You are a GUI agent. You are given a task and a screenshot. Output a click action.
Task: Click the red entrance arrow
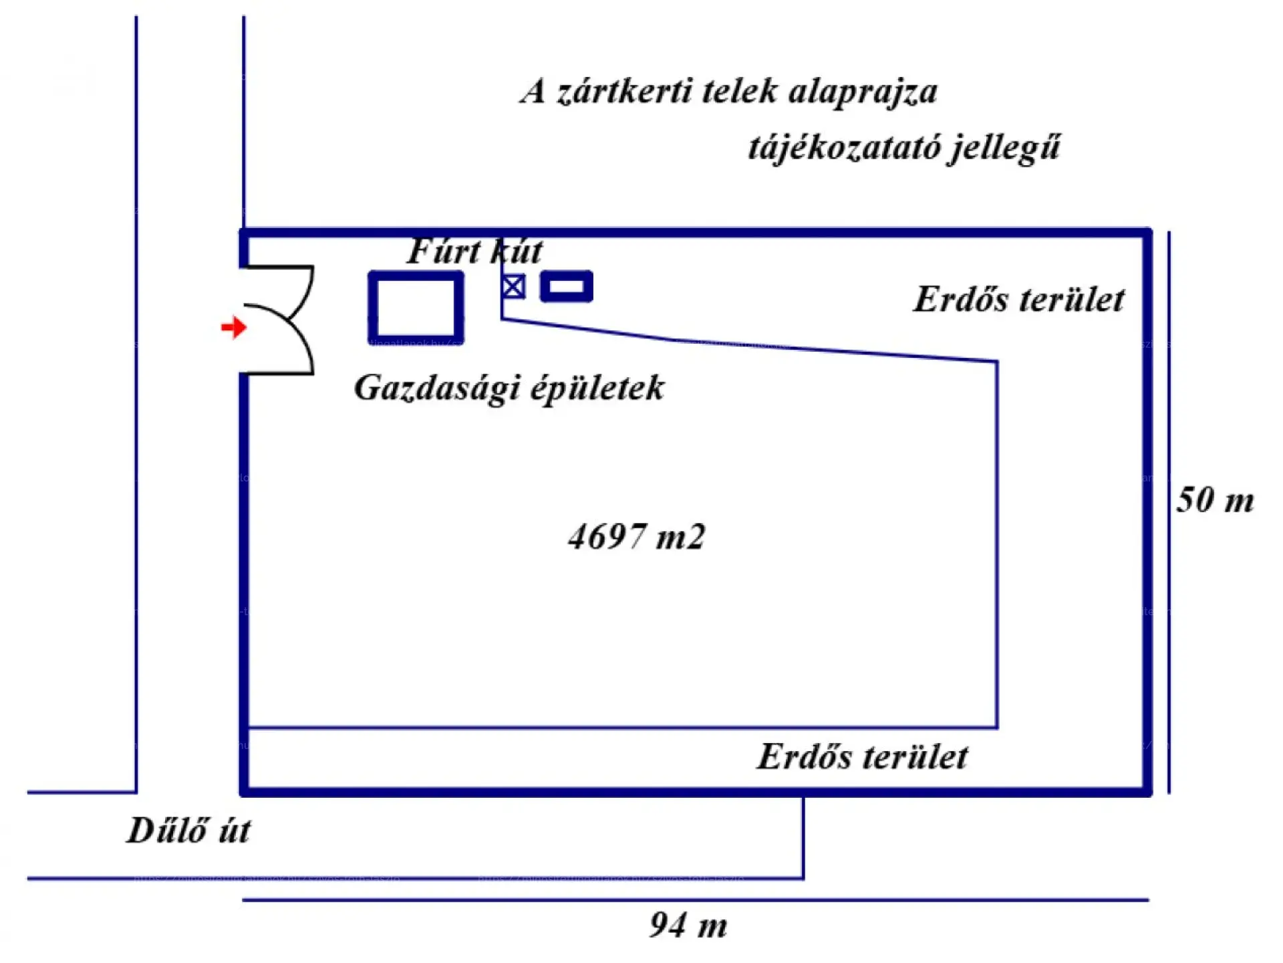[234, 327]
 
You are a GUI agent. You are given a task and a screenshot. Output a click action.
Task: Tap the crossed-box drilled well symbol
[513, 287]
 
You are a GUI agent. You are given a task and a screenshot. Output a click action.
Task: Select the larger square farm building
[416, 308]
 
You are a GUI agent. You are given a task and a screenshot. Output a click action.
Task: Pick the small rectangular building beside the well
[566, 286]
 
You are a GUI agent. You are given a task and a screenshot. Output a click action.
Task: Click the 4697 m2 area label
[636, 537]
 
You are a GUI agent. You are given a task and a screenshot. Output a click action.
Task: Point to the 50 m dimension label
[1215, 500]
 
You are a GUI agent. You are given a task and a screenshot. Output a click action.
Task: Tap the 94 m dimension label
[688, 926]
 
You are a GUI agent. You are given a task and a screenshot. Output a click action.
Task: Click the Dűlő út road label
[188, 831]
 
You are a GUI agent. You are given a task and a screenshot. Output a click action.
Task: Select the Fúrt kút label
[474, 251]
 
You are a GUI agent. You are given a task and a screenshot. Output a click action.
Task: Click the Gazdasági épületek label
[509, 388]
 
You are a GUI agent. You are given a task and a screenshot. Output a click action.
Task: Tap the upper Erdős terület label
[1019, 299]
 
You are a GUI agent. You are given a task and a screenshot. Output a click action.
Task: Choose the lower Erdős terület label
[862, 757]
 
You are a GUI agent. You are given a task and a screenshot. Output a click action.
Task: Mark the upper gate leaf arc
[304, 294]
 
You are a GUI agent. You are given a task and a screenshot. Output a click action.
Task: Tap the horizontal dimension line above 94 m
[695, 900]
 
